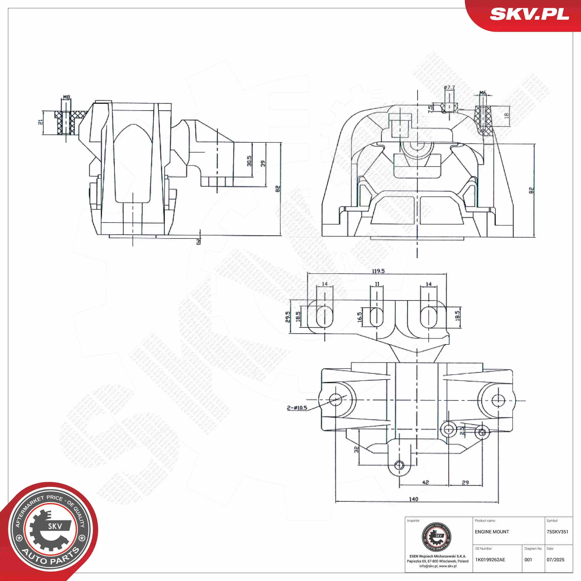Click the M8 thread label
[66, 97]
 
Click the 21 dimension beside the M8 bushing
[40, 122]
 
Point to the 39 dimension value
[263, 164]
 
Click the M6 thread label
[483, 93]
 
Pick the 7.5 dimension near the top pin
[430, 108]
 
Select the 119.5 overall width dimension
[378, 271]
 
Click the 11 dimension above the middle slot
[377, 284]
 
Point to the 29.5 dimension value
[288, 317]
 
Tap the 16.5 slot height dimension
[360, 317]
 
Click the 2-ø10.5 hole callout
[297, 408]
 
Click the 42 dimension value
[425, 482]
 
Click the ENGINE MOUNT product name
[492, 532]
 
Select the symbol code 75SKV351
[557, 532]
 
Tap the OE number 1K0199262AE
[490, 560]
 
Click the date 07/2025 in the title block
[555, 560]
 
